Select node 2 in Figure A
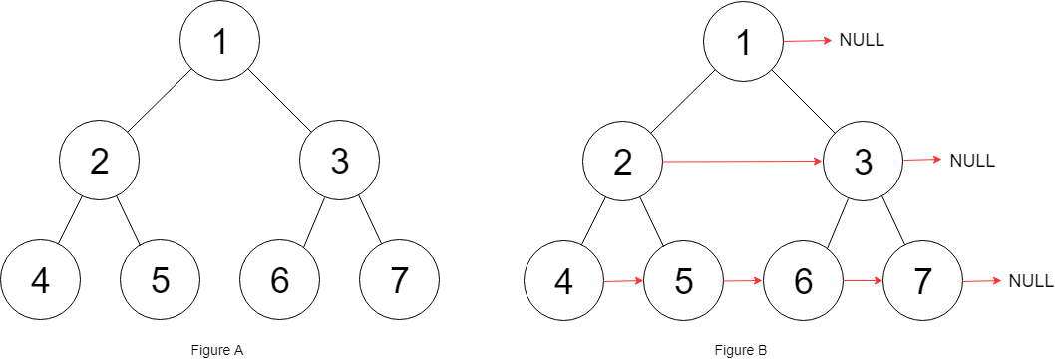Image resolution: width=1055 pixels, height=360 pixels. (99, 161)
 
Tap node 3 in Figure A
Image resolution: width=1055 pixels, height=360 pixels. (339, 161)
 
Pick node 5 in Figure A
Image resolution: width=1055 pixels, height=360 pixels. (160, 281)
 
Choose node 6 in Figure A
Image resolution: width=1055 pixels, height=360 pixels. (279, 281)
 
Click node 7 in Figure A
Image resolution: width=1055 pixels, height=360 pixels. (399, 281)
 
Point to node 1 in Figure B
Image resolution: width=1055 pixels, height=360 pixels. (743, 41)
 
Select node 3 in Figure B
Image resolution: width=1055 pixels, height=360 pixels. (864, 161)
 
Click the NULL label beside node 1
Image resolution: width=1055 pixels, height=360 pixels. (863, 41)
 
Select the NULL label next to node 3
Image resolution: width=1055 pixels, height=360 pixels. (972, 161)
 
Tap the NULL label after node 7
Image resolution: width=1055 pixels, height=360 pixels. (1030, 281)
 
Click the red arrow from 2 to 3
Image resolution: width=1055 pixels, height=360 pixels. (743, 160)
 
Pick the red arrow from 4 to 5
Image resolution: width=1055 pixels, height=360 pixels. (623, 281)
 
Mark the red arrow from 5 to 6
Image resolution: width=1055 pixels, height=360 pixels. (743, 281)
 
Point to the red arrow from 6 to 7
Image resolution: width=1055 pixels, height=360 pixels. (863, 281)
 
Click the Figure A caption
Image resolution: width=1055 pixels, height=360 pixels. (217, 349)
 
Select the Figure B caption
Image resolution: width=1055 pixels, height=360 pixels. (741, 349)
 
